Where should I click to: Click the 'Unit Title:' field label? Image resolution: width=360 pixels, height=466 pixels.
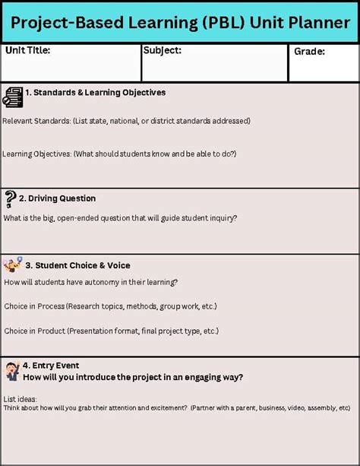click(28, 51)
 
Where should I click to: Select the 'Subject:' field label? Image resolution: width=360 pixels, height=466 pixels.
click(162, 51)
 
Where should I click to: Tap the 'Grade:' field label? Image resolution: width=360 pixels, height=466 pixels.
click(309, 52)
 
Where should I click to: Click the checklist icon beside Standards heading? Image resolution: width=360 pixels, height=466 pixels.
click(13, 97)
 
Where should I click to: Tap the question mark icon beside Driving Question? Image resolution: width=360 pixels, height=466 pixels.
click(10, 199)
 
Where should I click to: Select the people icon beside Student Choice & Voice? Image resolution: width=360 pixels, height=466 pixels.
click(12, 265)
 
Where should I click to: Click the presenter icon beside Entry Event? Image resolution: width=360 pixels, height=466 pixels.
click(12, 371)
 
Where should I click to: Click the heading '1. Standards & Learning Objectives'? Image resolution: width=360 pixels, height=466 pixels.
click(95, 93)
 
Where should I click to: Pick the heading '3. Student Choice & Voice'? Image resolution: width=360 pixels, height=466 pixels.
click(77, 265)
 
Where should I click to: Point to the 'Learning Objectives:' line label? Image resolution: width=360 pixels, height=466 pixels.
click(37, 154)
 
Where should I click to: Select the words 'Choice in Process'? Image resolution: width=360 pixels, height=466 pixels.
click(34, 306)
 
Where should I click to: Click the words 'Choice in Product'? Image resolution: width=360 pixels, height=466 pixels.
click(34, 331)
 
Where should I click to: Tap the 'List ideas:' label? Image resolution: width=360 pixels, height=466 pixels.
click(20, 398)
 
